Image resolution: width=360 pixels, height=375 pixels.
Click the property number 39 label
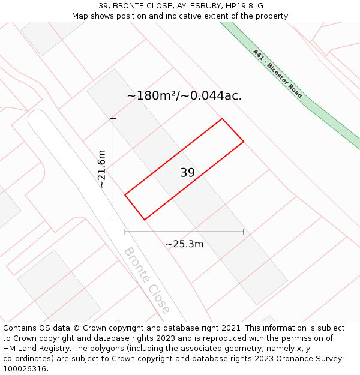(x=187, y=173)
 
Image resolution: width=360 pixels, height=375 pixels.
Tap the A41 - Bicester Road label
(x=277, y=74)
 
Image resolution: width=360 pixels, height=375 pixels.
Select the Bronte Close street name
(x=147, y=280)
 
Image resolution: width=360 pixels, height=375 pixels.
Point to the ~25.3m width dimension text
(x=184, y=244)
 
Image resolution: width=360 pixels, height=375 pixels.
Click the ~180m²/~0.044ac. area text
(x=184, y=95)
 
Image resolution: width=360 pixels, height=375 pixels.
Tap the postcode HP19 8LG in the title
(x=247, y=6)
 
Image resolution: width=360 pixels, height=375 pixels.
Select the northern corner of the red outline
(x=223, y=119)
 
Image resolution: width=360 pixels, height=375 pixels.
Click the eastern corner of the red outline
(x=244, y=142)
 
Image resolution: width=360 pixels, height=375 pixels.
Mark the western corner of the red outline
(x=125, y=194)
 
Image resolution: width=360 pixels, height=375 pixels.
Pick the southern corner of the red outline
(x=145, y=220)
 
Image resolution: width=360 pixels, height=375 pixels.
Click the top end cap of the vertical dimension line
(x=113, y=119)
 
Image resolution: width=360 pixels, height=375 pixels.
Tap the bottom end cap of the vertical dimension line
(x=113, y=220)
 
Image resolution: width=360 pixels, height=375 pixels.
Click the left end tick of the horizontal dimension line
(x=125, y=232)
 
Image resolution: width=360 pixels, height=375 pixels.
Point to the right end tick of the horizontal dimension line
(x=244, y=232)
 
